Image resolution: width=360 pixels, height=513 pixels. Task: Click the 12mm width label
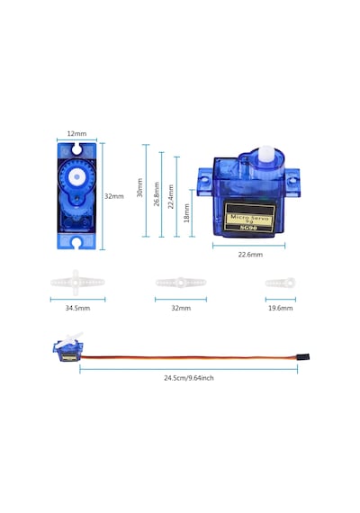click(76, 133)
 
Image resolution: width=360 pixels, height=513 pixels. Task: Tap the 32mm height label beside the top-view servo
click(114, 196)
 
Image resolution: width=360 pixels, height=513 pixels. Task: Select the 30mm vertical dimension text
click(139, 187)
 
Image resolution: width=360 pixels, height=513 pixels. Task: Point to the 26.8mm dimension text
click(157, 194)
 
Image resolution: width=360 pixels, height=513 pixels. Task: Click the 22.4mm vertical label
click(170, 197)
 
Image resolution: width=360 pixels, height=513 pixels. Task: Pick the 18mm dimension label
click(186, 213)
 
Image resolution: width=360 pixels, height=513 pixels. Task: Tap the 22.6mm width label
click(250, 255)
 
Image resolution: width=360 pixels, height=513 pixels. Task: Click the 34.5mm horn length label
click(77, 308)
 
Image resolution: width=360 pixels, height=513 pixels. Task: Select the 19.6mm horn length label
click(281, 308)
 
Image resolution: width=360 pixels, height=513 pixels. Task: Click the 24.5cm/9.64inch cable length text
click(189, 378)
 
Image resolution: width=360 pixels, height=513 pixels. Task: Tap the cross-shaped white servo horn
click(77, 283)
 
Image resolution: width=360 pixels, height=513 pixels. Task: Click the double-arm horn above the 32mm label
click(181, 283)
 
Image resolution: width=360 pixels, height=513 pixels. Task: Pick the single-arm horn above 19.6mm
click(281, 283)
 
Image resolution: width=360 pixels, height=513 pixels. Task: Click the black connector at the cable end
click(302, 356)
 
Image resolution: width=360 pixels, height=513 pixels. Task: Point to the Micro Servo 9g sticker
click(249, 217)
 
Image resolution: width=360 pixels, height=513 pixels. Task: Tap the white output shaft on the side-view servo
click(267, 154)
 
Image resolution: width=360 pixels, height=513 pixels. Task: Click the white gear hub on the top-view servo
click(76, 177)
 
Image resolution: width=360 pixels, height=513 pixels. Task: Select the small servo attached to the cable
click(68, 347)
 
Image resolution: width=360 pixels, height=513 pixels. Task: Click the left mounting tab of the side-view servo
click(205, 182)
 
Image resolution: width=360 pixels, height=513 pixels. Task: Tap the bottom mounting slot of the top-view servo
click(76, 242)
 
